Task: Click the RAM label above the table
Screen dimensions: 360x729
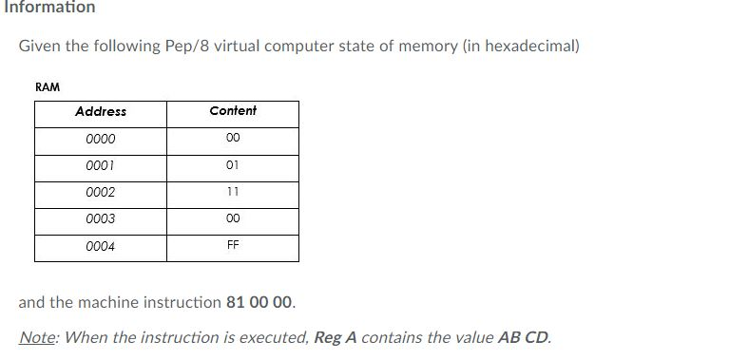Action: click(x=48, y=87)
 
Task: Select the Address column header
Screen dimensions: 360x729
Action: click(x=100, y=112)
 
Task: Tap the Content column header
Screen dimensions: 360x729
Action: click(x=233, y=111)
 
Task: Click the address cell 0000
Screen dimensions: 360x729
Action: click(x=100, y=140)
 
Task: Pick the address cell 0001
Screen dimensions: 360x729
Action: click(x=100, y=166)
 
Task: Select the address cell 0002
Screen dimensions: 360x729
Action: click(x=100, y=193)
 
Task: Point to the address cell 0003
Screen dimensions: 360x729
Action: click(x=100, y=219)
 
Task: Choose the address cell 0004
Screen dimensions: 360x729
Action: click(x=100, y=247)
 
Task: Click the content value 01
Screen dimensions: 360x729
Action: click(x=233, y=165)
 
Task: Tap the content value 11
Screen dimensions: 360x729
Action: click(x=233, y=192)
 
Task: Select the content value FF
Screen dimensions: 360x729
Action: click(x=233, y=245)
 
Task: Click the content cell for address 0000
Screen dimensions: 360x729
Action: click(x=233, y=139)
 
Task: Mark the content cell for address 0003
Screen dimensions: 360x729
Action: click(x=233, y=218)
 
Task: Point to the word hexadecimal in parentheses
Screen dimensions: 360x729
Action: click(x=528, y=47)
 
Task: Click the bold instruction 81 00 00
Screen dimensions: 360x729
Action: click(x=260, y=303)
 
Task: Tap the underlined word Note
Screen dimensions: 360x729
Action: click(x=37, y=337)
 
